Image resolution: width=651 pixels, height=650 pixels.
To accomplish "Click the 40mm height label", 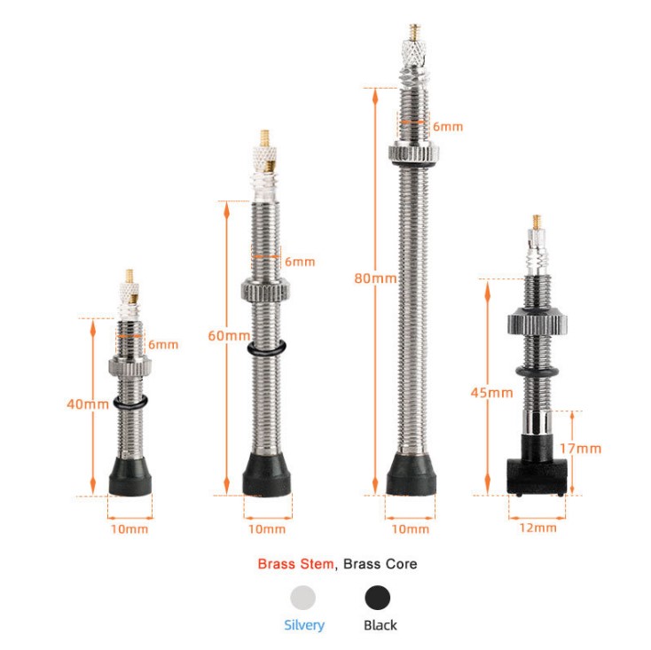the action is (88, 403).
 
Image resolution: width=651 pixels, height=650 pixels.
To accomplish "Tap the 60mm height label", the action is (229, 335).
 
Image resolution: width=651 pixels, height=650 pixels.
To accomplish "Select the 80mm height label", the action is (375, 278).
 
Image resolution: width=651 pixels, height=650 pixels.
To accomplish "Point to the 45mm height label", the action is (492, 393).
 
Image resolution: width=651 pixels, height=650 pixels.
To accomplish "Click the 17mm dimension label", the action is (580, 449).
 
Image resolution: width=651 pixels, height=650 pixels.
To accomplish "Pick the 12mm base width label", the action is (537, 528).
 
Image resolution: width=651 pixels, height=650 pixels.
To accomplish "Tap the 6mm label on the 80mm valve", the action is (448, 127).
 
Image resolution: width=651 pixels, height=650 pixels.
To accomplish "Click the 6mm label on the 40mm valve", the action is (163, 344).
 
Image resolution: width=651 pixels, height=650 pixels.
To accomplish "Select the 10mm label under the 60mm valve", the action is (267, 529).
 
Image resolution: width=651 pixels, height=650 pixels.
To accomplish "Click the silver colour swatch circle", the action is (303, 598).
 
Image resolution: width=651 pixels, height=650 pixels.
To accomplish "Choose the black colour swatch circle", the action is (378, 598).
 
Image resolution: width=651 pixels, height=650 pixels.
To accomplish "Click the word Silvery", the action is (304, 625).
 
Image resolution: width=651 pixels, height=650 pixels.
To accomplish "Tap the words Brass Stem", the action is (295, 564).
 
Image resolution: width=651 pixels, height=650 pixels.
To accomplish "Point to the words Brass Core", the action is (380, 564).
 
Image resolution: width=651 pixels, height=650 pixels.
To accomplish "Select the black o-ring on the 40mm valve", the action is (130, 403).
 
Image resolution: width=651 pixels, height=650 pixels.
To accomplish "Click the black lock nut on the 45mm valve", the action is (537, 320).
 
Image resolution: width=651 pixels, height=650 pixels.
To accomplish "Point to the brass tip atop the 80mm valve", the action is (414, 32).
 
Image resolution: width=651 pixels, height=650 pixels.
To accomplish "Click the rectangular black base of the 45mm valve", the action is (536, 476).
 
